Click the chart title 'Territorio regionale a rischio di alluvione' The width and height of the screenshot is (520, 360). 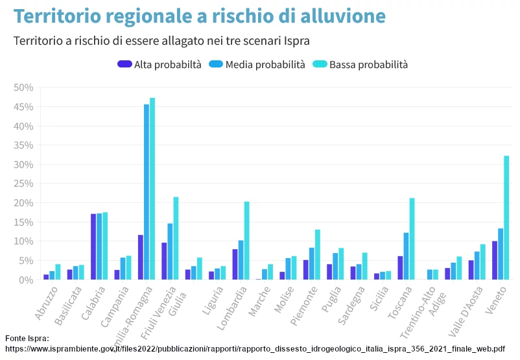pos(200,16)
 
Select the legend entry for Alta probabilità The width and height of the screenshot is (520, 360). pos(160,64)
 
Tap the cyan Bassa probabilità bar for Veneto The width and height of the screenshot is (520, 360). pos(506,217)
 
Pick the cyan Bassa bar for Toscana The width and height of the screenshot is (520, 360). pos(412,239)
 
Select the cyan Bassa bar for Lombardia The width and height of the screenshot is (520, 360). pos(247,241)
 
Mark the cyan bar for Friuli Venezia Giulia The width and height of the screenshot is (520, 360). pos(176,238)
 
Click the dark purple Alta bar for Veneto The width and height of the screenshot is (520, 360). pos(495,260)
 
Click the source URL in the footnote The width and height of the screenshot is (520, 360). pos(255,348)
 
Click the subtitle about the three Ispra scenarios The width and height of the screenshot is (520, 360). pos(161,41)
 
